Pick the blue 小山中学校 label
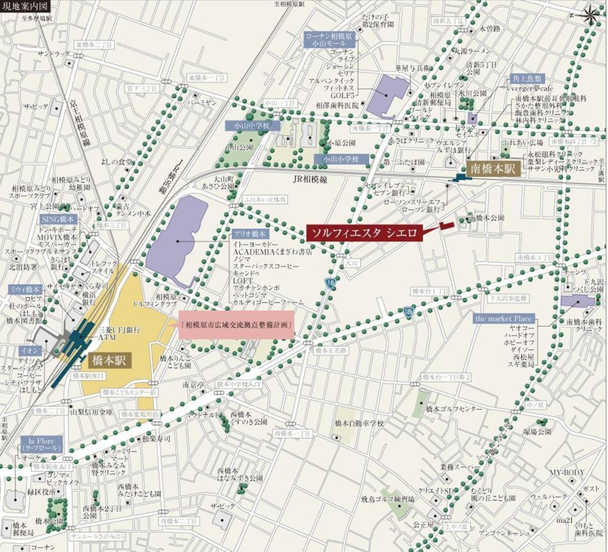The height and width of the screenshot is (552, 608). [x=253, y=126]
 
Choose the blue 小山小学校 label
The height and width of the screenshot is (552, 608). [x=341, y=158]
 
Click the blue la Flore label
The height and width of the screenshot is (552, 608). [x=40, y=442]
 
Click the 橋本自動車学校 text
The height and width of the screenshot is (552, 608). [x=359, y=423]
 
